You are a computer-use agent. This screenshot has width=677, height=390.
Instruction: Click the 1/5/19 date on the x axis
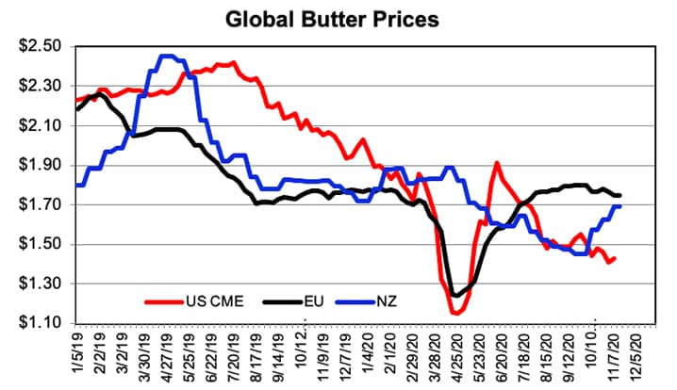[77, 357]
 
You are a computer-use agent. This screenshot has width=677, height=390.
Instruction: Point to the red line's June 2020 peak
[496, 163]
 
